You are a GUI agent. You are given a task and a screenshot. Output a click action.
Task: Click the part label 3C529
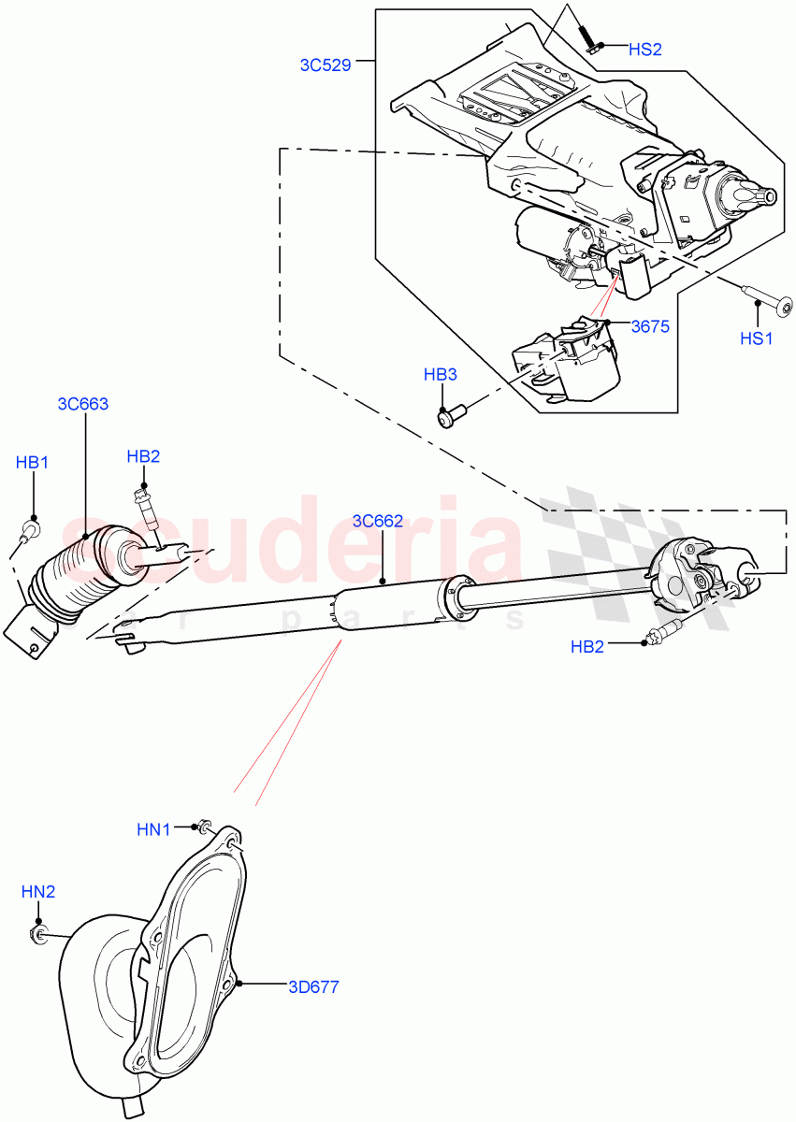[325, 65]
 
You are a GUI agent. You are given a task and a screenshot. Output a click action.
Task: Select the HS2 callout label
[644, 50]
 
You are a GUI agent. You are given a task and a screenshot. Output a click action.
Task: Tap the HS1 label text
[757, 338]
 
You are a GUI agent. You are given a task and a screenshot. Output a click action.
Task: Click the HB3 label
[440, 375]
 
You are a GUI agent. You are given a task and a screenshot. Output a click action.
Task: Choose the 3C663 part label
[83, 404]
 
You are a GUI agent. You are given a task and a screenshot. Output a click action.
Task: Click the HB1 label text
[32, 462]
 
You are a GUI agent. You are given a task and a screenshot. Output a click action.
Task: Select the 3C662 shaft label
[378, 521]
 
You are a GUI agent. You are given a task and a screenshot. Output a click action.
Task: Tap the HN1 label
[153, 828]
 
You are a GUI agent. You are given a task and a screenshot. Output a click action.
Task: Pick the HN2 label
[38, 893]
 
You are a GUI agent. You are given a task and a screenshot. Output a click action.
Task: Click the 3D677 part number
[313, 986]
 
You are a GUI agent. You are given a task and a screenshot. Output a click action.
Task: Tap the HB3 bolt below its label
[449, 412]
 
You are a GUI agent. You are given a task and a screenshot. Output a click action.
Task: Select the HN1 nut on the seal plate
[200, 827]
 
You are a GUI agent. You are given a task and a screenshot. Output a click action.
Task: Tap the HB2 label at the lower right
[586, 646]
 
